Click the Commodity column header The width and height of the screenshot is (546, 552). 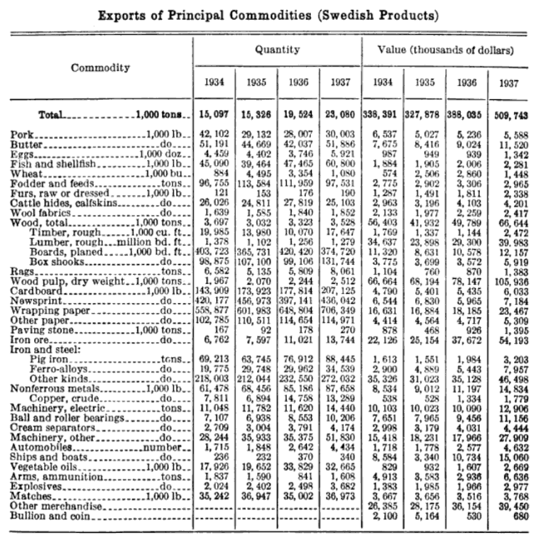100,68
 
